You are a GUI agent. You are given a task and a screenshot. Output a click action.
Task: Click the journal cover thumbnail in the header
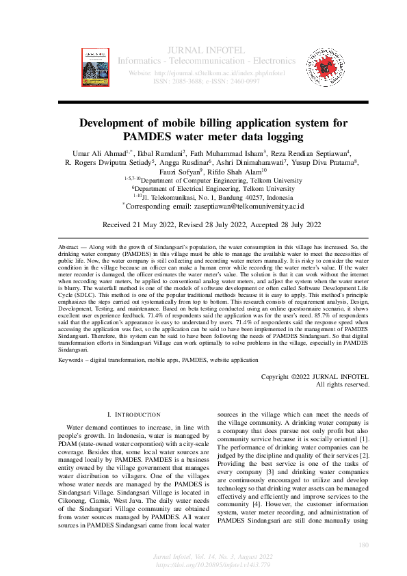95,66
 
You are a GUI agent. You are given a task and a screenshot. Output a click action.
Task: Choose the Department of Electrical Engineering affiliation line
213,188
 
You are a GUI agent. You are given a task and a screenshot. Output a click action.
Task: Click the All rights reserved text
342,384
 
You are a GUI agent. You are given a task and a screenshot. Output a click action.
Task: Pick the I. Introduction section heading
134,415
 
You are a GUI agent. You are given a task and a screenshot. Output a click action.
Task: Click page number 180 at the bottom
364,545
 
